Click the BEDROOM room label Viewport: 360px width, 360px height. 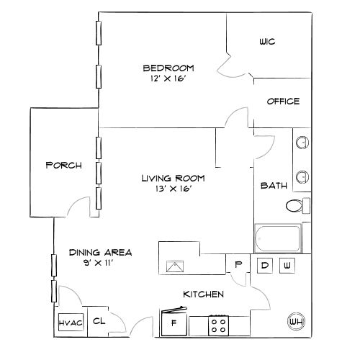click(x=168, y=68)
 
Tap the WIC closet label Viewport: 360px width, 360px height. click(x=267, y=42)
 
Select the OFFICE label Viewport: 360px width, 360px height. click(x=283, y=102)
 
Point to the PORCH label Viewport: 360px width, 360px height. click(x=63, y=165)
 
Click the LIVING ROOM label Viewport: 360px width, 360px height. click(x=173, y=178)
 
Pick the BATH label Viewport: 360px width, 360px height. click(x=274, y=185)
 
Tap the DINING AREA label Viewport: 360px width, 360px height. click(x=100, y=252)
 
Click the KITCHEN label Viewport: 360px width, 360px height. click(x=203, y=294)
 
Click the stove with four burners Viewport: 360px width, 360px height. click(x=219, y=325)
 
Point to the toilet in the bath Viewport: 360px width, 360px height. click(x=297, y=206)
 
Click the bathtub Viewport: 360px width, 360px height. click(x=281, y=238)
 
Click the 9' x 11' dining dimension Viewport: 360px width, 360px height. click(x=100, y=263)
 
